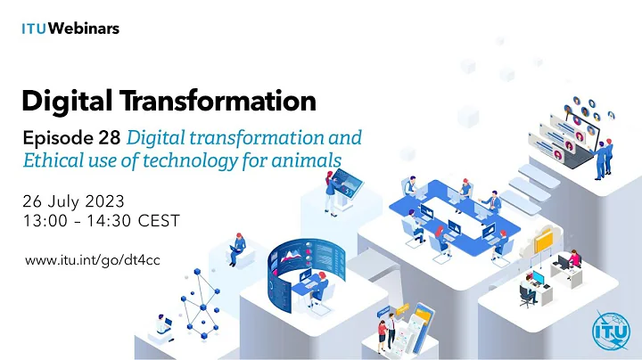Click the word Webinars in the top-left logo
(x=84, y=29)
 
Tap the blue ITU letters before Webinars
(x=33, y=29)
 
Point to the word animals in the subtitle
(x=312, y=160)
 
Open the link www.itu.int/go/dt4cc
(x=94, y=260)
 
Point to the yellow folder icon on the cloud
(x=543, y=241)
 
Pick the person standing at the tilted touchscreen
(x=327, y=188)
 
